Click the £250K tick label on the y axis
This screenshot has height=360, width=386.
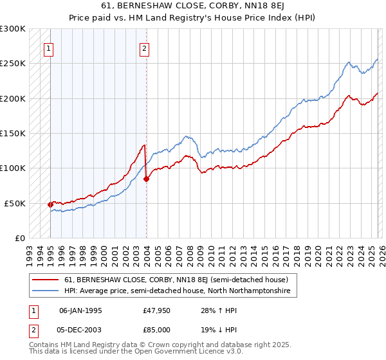(13, 64)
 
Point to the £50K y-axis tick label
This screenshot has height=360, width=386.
(15, 203)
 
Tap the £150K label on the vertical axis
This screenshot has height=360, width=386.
(13, 133)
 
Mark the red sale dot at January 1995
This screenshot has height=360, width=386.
(51, 204)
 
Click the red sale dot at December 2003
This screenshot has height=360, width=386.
(146, 179)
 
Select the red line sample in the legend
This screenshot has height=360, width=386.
(45, 280)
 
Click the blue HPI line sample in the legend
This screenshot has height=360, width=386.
(45, 291)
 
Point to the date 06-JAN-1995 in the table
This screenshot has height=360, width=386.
(80, 310)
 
